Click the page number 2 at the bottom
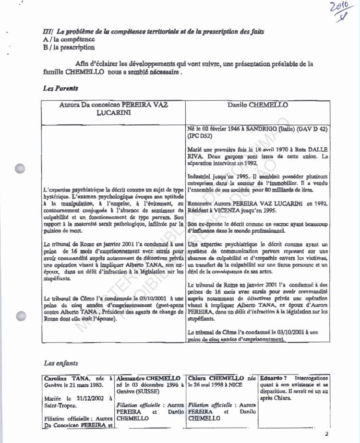coord(326,434)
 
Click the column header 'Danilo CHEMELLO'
coord(258,105)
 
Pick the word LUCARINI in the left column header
coord(113,113)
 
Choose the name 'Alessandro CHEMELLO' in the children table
coord(148,379)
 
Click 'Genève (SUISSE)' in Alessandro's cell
coord(139,392)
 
